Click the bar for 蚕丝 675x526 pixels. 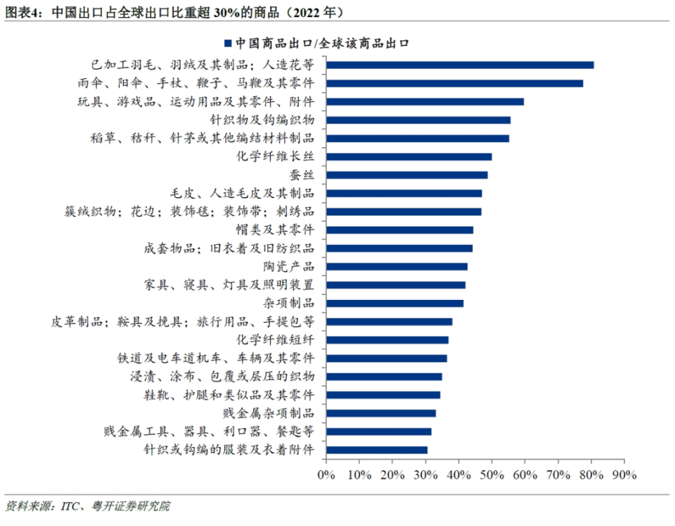pyautogui.click(x=406, y=175)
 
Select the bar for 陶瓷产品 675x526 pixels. pyautogui.click(x=397, y=266)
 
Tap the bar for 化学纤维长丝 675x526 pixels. pyautogui.click(x=409, y=156)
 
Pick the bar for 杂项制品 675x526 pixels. pyautogui.click(x=394, y=303)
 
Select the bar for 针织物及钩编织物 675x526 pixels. pyautogui.click(x=418, y=120)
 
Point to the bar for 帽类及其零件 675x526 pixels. pyautogui.click(x=399, y=230)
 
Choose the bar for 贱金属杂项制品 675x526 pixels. pyautogui.click(x=380, y=413)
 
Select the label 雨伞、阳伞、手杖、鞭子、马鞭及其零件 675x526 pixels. pyautogui.click(x=195, y=83)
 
